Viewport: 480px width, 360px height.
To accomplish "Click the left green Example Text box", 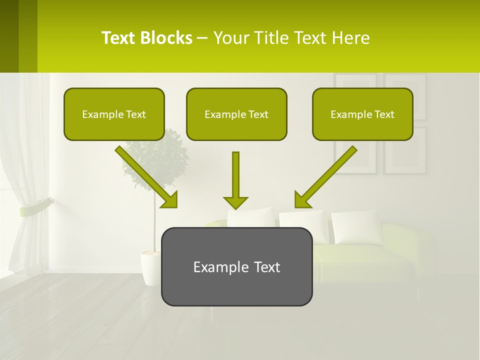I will pyautogui.click(x=114, y=114).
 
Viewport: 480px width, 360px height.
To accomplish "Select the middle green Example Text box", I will pyautogui.click(x=236, y=114).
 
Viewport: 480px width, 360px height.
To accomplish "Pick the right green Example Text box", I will pyautogui.click(x=362, y=114).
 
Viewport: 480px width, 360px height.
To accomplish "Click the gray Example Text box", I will pyautogui.click(x=236, y=266).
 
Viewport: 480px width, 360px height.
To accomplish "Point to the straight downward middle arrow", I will pyautogui.click(x=235, y=175).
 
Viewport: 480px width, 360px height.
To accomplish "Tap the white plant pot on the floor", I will pyautogui.click(x=150, y=268).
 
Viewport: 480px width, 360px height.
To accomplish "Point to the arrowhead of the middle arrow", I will pyautogui.click(x=235, y=202).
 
